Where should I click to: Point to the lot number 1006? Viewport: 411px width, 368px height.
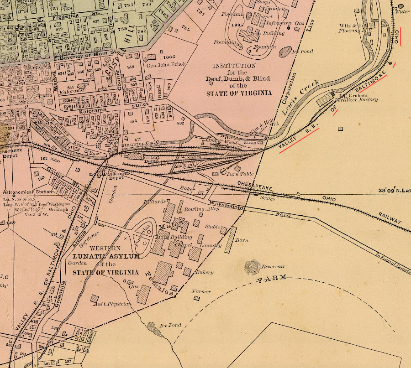pyautogui.click(x=169, y=57)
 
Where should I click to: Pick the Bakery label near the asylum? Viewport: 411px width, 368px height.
pyautogui.click(x=205, y=272)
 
